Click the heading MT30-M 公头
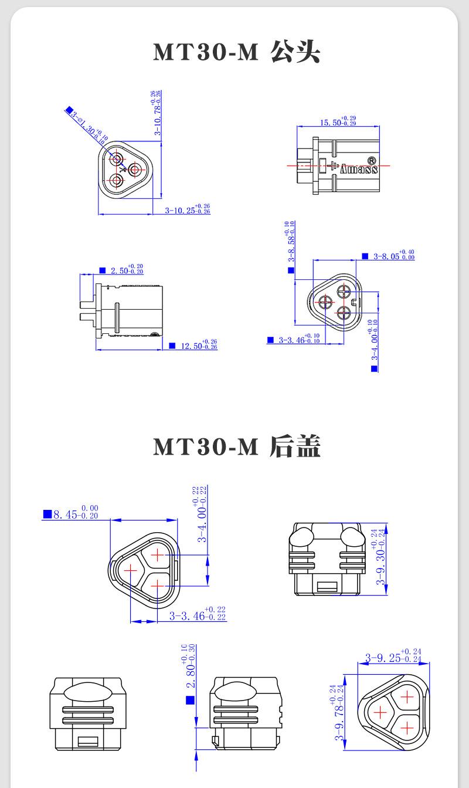click(x=236, y=52)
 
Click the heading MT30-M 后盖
click(x=236, y=447)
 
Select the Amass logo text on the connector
click(x=359, y=170)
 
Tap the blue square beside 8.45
click(x=47, y=515)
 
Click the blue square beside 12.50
click(x=172, y=346)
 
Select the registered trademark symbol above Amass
click(x=371, y=160)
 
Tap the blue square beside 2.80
click(x=189, y=700)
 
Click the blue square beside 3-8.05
click(x=365, y=256)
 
